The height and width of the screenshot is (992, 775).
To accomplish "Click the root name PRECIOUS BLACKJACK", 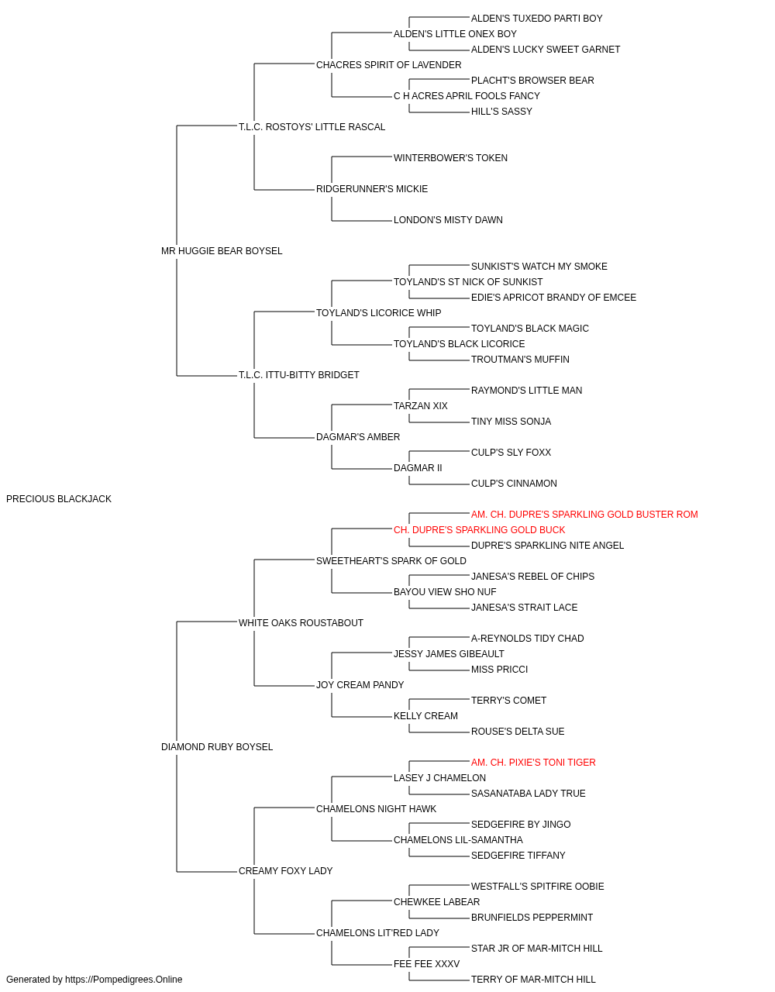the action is click(x=58, y=499).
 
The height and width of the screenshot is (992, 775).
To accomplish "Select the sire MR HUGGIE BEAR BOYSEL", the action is click(x=222, y=251).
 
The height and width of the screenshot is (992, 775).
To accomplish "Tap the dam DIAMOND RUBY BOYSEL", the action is click(x=217, y=747).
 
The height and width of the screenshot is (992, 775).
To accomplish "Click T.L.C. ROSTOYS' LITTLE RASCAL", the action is click(x=312, y=127).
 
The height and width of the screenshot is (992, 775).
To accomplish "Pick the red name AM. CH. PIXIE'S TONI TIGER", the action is click(x=533, y=763).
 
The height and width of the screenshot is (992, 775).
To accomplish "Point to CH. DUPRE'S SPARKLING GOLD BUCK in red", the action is click(x=479, y=530).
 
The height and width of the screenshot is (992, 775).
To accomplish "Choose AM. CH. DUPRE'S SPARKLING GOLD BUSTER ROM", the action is click(x=584, y=515).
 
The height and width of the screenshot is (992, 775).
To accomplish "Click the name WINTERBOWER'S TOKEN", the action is click(x=450, y=158).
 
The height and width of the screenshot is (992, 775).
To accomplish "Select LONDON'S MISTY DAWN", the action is click(x=448, y=220).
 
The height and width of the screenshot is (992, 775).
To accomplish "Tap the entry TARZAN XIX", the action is click(x=420, y=406).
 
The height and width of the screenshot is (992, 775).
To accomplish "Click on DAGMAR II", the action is click(x=418, y=468).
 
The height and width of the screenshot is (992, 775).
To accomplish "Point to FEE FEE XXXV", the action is click(x=426, y=963).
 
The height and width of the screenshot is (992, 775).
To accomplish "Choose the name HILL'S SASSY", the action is click(x=501, y=112).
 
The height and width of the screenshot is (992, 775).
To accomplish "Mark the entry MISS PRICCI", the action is click(x=499, y=670).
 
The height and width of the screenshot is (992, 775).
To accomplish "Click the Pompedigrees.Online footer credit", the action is click(x=94, y=980).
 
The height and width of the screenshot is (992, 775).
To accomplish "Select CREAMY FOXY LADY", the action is click(x=285, y=871).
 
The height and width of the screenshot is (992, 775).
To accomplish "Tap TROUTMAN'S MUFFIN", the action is click(x=520, y=360).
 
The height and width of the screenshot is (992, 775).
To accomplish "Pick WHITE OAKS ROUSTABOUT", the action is click(x=301, y=623).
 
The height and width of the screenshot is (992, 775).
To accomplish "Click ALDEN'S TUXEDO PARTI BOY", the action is click(x=537, y=19).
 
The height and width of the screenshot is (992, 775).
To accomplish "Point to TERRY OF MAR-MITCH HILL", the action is click(x=533, y=980).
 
